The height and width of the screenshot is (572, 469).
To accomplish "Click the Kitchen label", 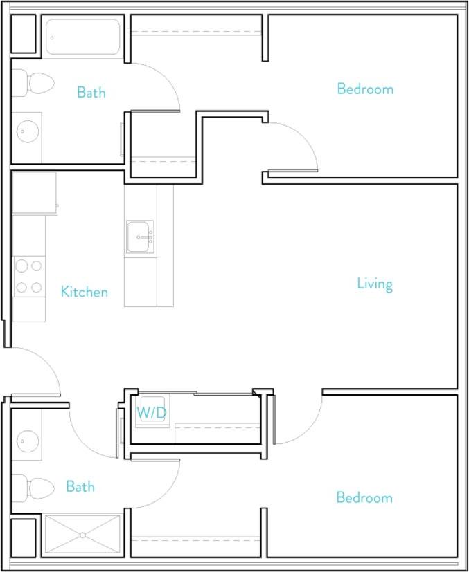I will point(84,292).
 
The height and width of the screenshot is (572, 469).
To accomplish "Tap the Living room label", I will point(375,284).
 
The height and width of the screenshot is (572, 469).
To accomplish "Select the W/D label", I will point(150,413).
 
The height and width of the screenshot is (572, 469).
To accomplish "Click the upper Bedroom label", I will point(365,89).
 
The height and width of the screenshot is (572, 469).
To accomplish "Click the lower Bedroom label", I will point(364,497).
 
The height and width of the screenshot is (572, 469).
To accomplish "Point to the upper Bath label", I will point(91,92).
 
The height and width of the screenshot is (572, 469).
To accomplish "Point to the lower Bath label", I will point(80,487).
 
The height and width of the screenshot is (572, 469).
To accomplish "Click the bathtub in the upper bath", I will point(83,37).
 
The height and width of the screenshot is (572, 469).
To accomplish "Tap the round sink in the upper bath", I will point(28,130).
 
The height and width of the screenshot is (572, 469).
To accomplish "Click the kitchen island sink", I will point(140,237).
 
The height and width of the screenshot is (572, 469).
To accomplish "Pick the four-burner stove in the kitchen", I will point(29,276).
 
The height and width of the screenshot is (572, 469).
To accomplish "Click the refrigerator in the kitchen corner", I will point(34,193).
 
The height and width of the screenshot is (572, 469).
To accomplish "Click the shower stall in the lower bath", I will point(82,535).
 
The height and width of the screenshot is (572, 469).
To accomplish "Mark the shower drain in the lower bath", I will point(82,535).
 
